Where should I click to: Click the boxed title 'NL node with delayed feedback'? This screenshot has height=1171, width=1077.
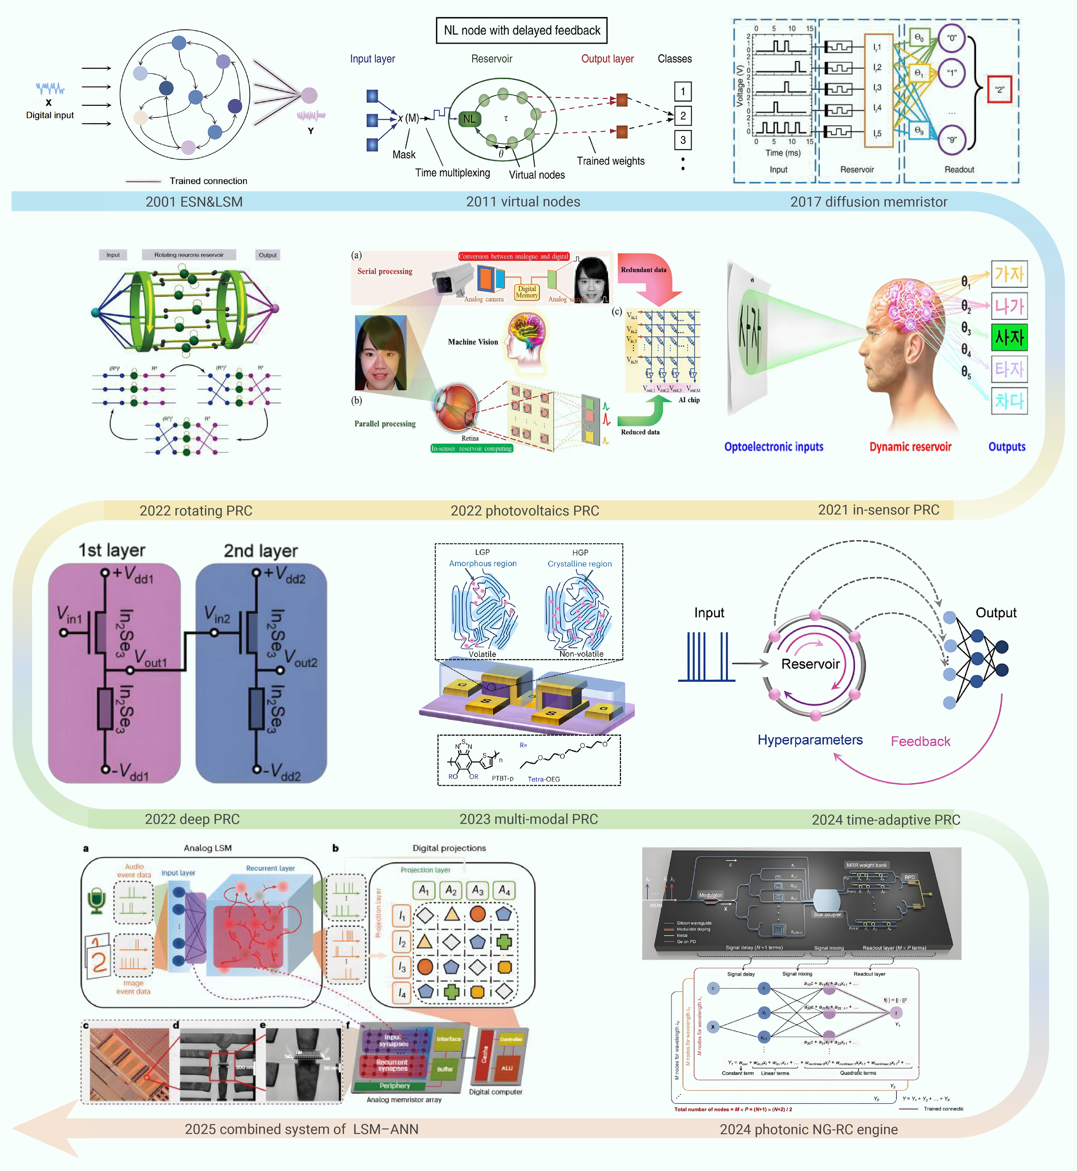pos(522,30)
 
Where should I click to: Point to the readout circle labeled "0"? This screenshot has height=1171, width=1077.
pos(952,38)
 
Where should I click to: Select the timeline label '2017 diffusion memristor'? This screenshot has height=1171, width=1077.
pos(868,202)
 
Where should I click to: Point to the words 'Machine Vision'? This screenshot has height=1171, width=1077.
pos(473,342)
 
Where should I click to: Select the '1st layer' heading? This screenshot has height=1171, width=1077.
pos(112,550)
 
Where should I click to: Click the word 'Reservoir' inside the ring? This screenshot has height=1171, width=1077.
pos(810,664)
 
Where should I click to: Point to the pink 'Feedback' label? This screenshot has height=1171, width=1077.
pos(920,741)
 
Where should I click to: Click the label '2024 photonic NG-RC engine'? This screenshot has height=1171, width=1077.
pos(808,1129)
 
